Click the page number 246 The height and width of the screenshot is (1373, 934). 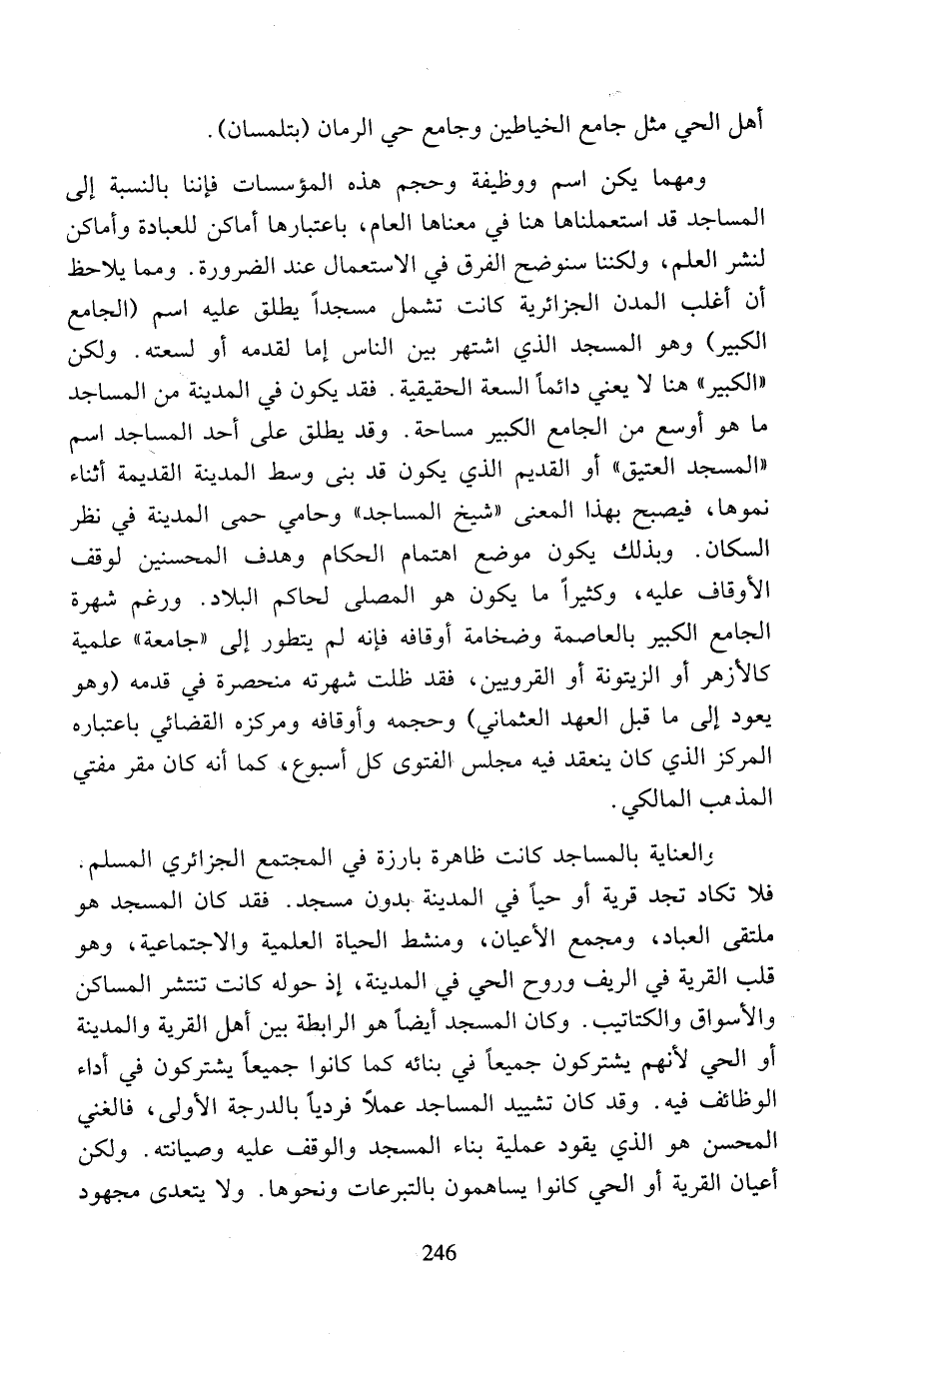pyautogui.click(x=440, y=1250)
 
